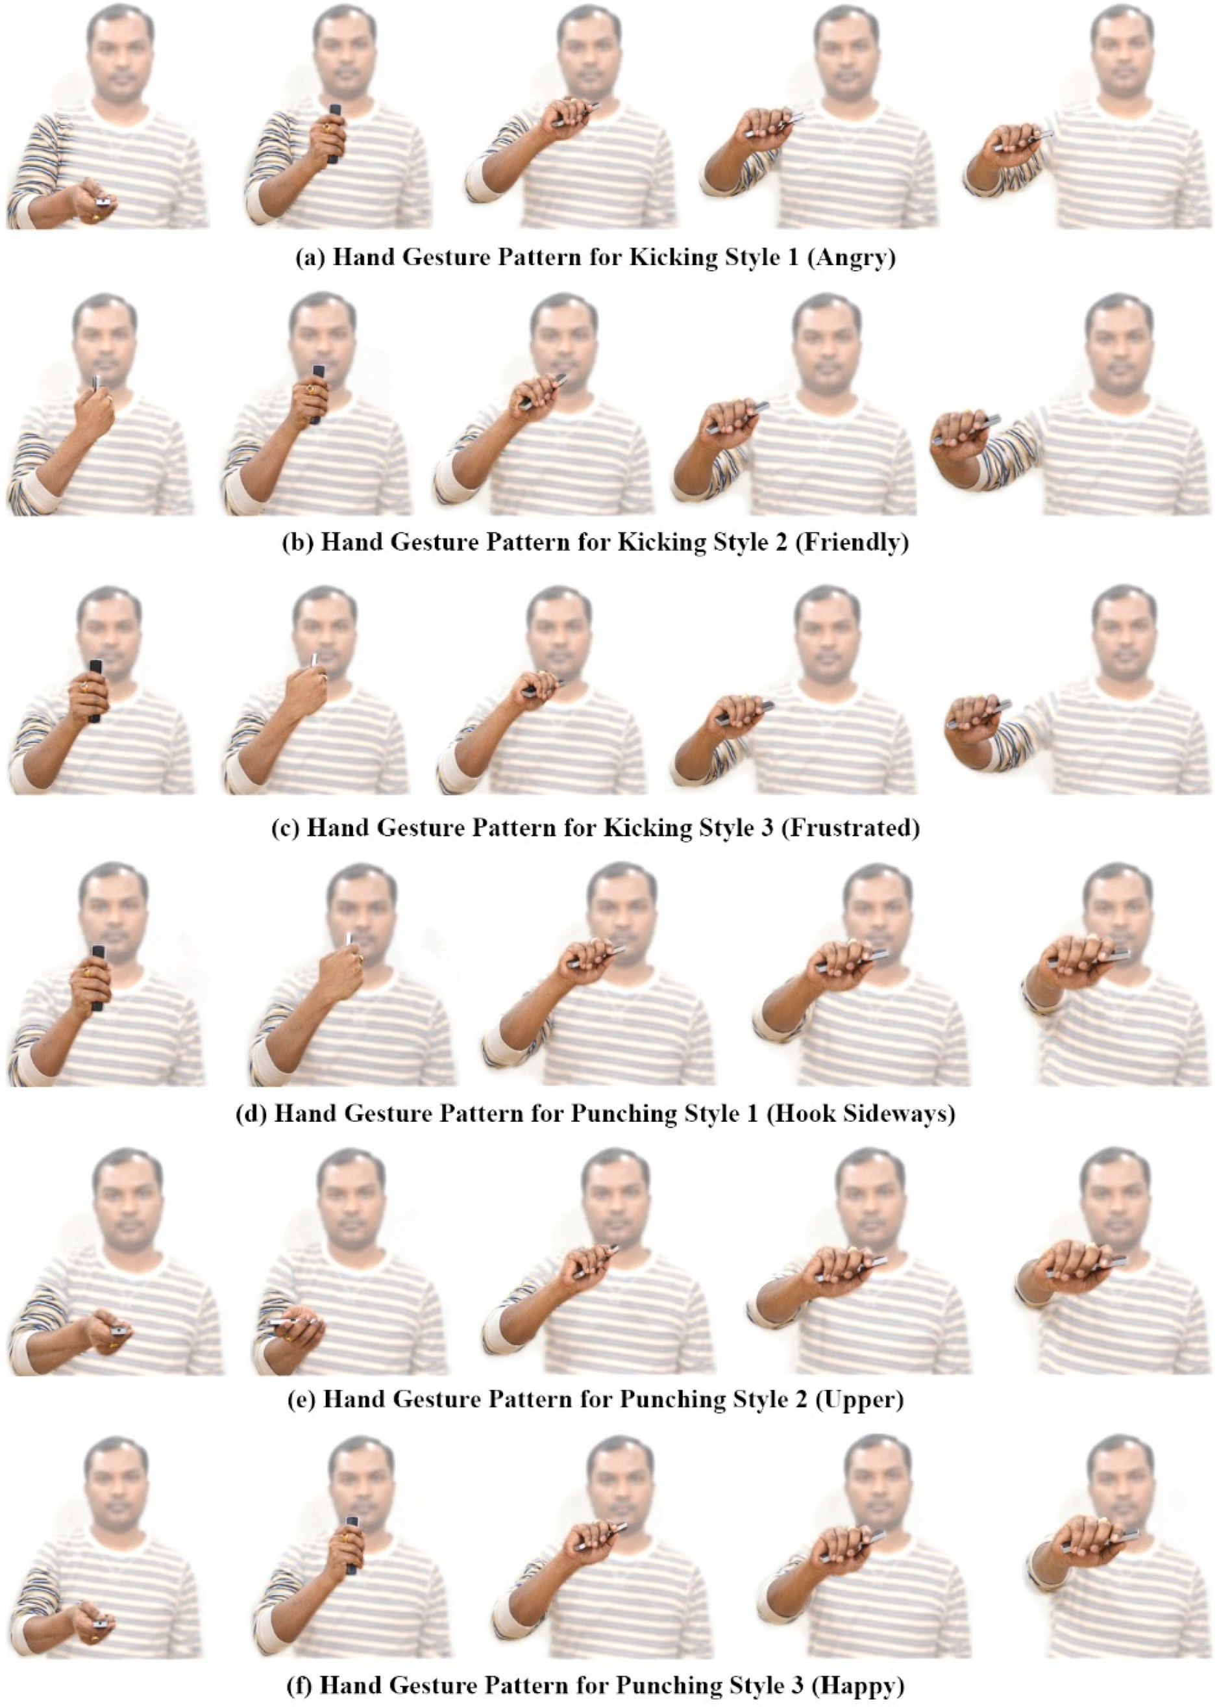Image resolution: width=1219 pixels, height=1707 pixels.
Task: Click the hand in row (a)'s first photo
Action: (94, 201)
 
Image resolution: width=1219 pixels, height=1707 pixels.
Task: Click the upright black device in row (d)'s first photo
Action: (97, 979)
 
